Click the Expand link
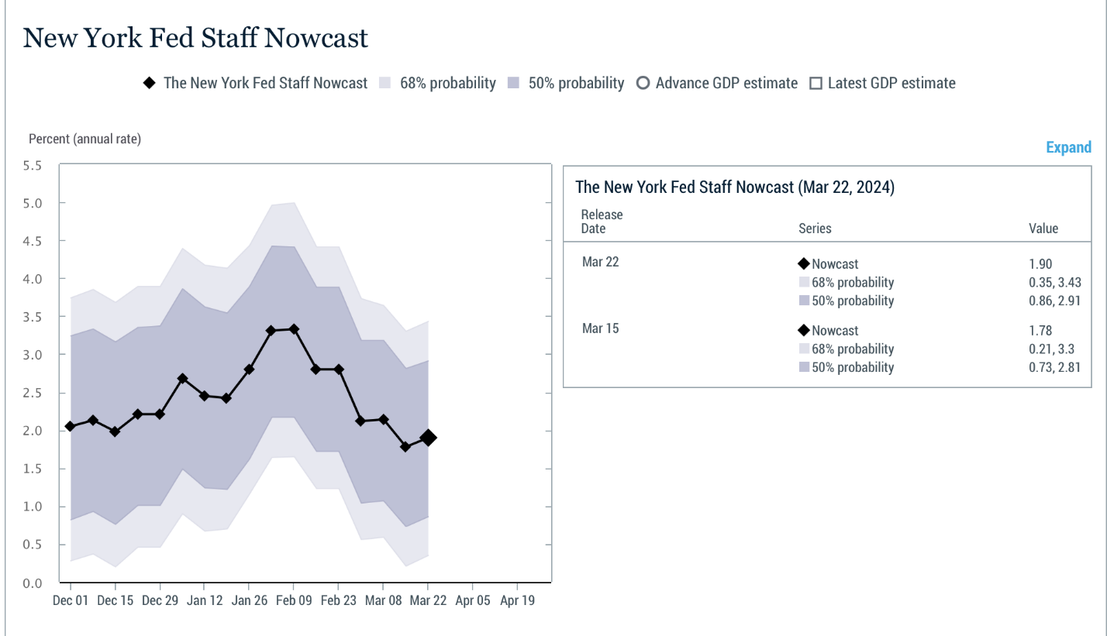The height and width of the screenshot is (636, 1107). (1068, 147)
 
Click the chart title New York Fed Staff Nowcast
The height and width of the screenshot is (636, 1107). (195, 38)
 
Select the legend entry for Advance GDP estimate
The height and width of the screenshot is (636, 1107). (717, 83)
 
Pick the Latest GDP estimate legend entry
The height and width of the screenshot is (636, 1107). (883, 83)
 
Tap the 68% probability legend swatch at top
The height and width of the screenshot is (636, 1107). (385, 83)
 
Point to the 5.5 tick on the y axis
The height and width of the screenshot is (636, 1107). (32, 166)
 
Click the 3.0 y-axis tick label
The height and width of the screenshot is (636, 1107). (32, 355)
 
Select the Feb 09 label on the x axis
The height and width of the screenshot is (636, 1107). (294, 600)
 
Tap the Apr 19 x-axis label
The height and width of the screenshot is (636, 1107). (517, 600)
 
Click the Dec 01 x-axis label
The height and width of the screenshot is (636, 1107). (71, 600)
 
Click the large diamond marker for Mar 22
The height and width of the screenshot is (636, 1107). (428, 438)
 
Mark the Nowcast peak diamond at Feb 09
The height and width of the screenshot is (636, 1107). (294, 329)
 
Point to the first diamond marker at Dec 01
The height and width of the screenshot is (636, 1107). (71, 426)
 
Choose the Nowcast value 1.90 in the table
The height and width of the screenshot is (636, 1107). (1040, 263)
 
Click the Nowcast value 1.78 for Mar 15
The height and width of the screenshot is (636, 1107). (1040, 330)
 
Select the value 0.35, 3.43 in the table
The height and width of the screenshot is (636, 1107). (1054, 283)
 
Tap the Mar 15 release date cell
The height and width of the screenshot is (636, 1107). (600, 328)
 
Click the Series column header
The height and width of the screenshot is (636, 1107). (815, 228)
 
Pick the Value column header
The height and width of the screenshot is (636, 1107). (1043, 228)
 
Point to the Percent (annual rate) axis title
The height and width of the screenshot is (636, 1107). (84, 139)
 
